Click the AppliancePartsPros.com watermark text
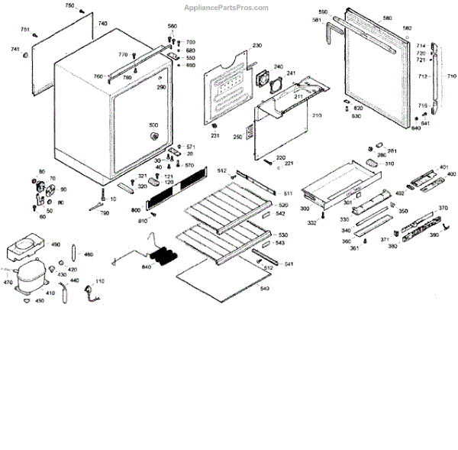pyautogui.click(x=227, y=8)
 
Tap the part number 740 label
pyautogui.click(x=103, y=24)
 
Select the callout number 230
pyautogui.click(x=256, y=47)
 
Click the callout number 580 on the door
pyautogui.click(x=387, y=18)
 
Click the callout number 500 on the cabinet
pyautogui.click(x=153, y=125)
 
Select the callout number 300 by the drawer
pyautogui.click(x=304, y=209)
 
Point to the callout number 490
pyautogui.click(x=56, y=244)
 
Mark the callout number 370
pyautogui.click(x=443, y=208)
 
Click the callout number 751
pyautogui.click(x=25, y=29)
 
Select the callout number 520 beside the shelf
pyautogui.click(x=283, y=206)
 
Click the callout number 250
pyautogui.click(x=238, y=137)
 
